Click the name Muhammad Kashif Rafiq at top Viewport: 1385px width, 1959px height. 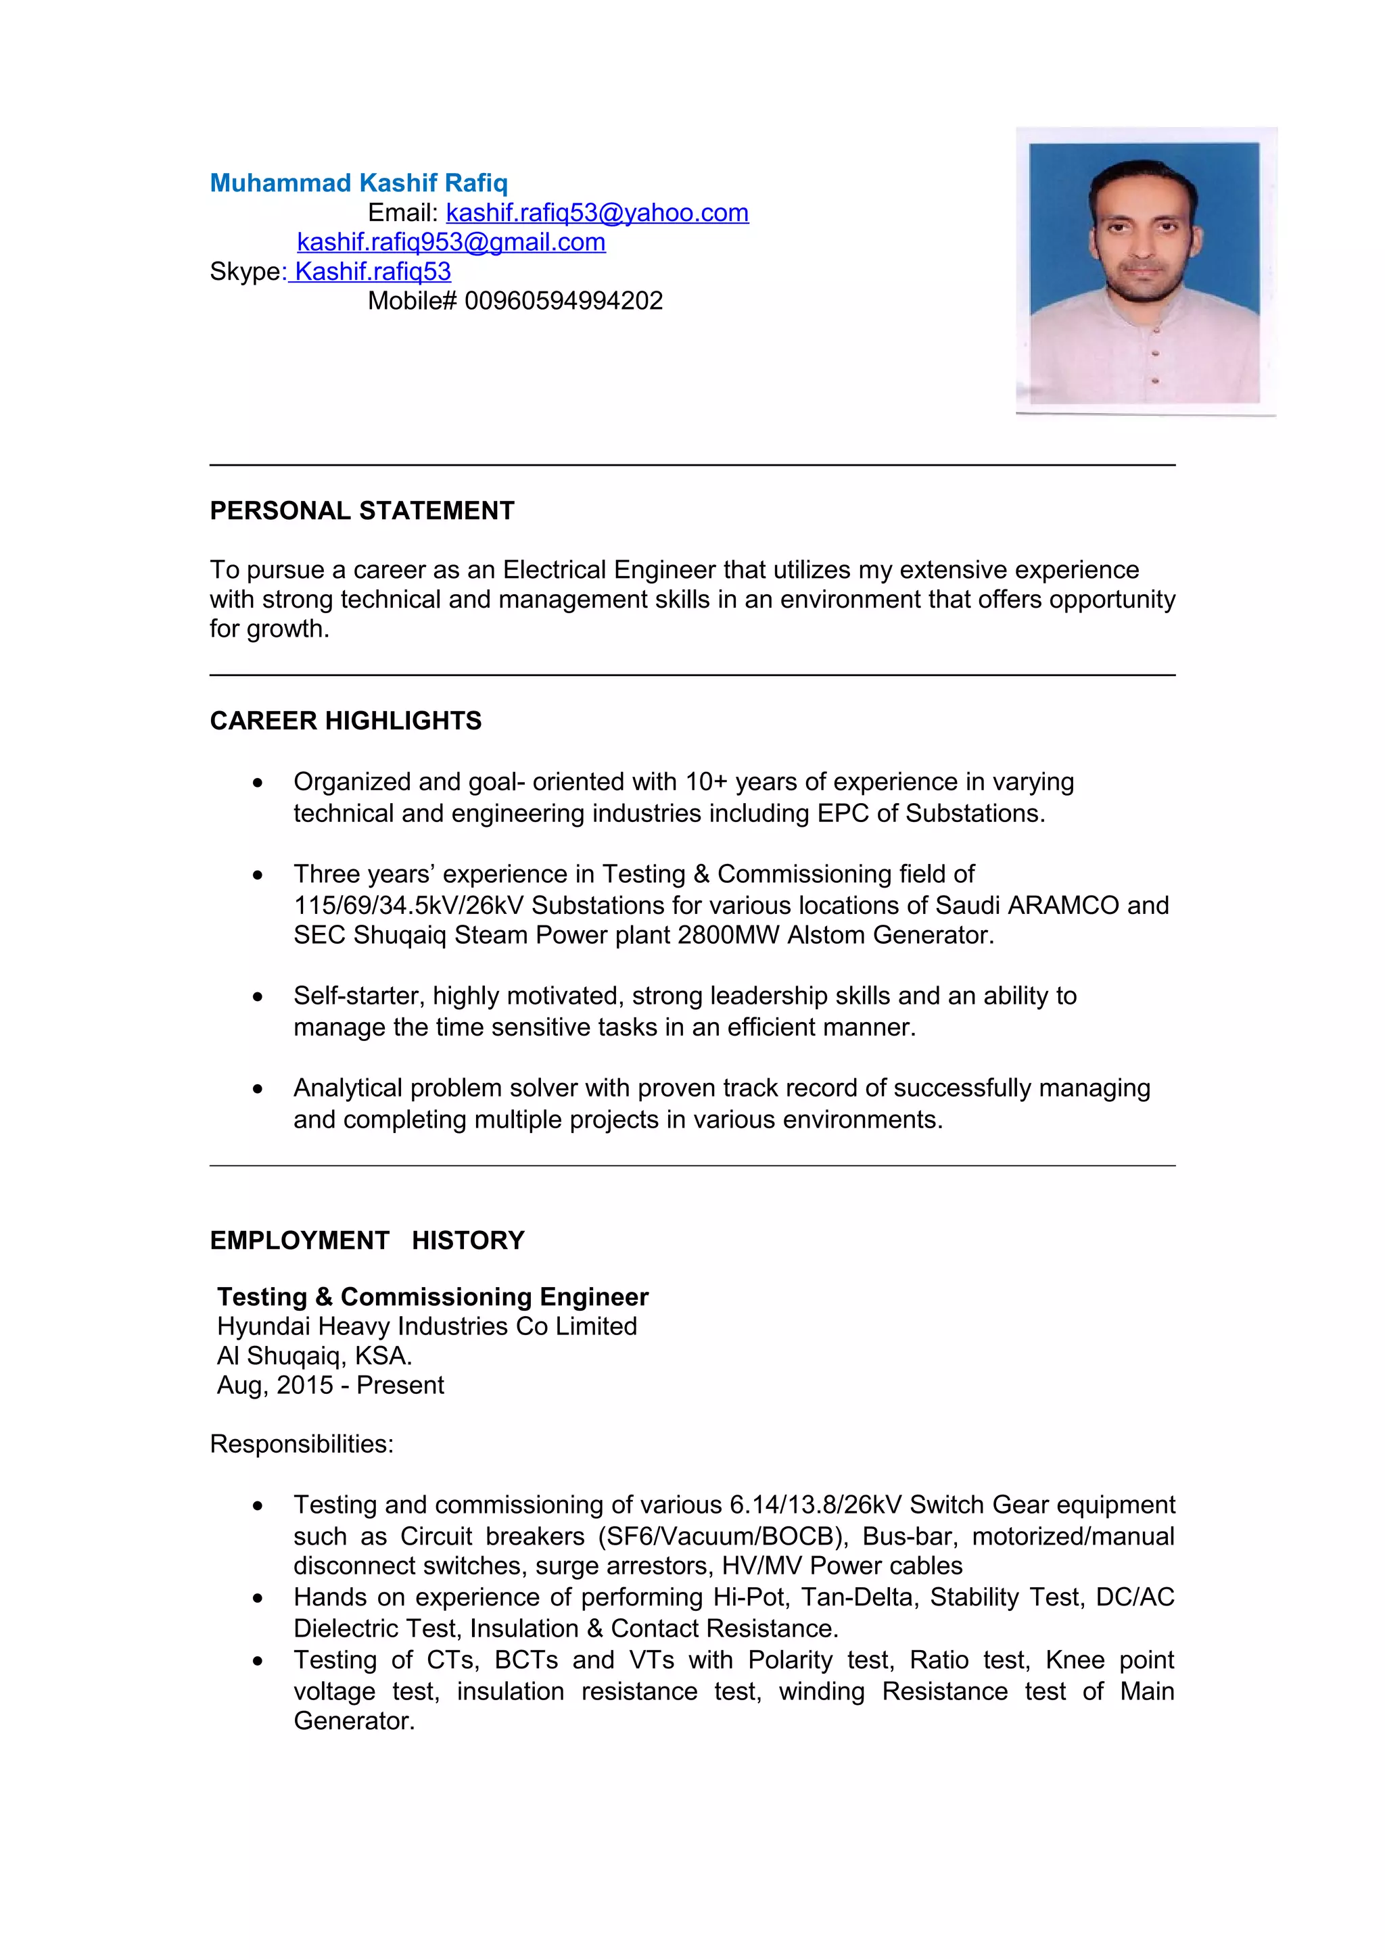click(358, 183)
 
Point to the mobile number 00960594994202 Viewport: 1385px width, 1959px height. click(563, 300)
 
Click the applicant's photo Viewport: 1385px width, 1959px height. click(1144, 271)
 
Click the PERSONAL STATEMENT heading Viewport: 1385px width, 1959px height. click(362, 510)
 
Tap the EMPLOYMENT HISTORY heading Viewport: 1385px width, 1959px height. click(367, 1240)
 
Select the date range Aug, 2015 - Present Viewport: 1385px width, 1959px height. click(330, 1385)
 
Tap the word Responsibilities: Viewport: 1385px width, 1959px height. click(301, 1444)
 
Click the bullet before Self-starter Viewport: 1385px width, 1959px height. click(258, 996)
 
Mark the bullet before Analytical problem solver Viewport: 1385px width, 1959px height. click(258, 1089)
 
